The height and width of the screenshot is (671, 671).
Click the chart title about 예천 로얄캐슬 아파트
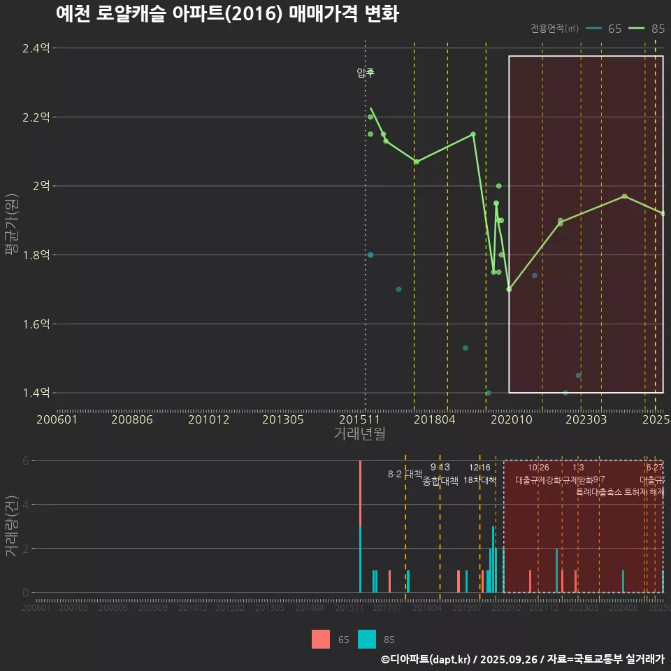pos(227,14)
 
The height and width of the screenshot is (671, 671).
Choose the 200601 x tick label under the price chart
pos(57,420)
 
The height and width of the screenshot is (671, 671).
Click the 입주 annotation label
pos(366,73)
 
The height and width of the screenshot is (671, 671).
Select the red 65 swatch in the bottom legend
pos(321,639)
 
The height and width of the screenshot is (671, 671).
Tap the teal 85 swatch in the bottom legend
pos(367,639)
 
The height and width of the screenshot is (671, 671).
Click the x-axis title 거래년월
pos(359,434)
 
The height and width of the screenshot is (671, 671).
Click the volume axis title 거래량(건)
pos(10,526)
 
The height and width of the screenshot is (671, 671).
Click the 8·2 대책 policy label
pos(405,474)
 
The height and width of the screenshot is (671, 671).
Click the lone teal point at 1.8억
pos(370,255)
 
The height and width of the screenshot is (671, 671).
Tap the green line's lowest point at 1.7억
pos(509,289)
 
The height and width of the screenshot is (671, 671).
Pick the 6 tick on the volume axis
pos(26,461)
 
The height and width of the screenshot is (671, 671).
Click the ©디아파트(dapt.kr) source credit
pos(426,659)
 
